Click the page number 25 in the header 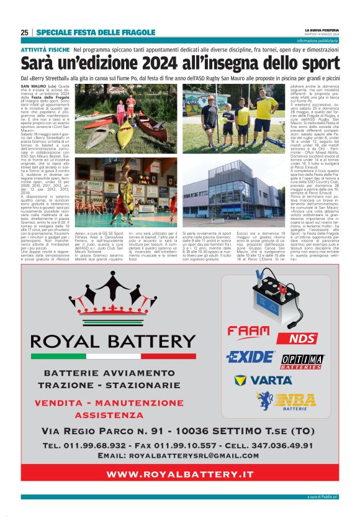[24, 32]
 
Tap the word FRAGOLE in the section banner [136, 32]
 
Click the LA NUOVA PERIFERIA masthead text [322, 30]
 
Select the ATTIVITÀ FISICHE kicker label [45, 48]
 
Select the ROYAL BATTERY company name [113, 341]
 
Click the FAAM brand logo [248, 332]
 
